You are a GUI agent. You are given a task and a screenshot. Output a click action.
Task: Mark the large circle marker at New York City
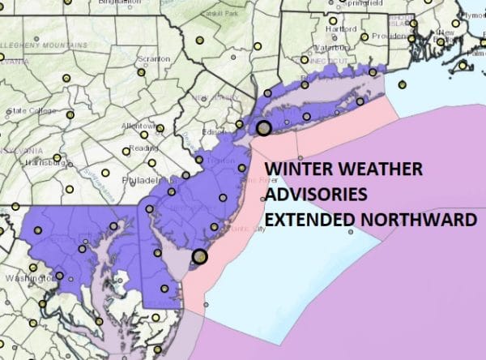[x=264, y=127]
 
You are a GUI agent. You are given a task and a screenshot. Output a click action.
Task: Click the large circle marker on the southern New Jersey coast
[x=200, y=257]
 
